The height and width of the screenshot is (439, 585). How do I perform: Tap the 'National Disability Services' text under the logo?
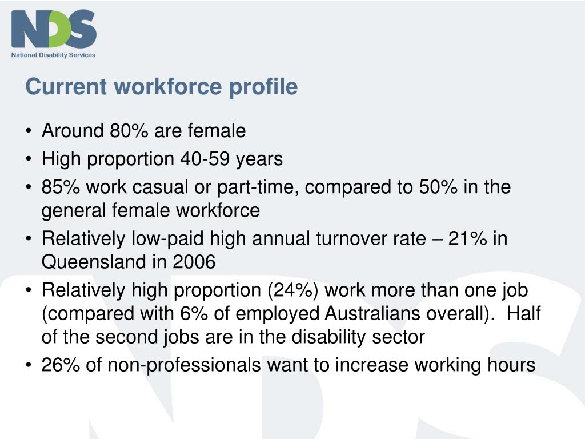point(54,55)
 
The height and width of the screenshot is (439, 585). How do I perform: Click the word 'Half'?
point(524,313)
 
